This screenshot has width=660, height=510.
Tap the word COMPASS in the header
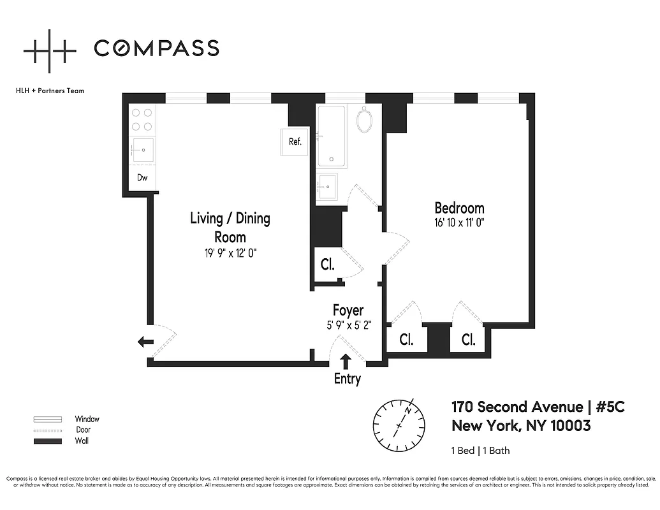point(156,48)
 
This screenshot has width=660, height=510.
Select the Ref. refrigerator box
point(295,142)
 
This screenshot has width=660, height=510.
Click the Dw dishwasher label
point(142,178)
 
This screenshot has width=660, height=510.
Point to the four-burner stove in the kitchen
point(142,119)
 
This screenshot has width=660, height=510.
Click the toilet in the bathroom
point(365,119)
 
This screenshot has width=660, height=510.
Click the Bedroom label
point(459,208)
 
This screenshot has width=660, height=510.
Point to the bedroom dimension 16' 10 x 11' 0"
point(459,222)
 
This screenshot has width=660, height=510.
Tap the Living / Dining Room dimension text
point(230,253)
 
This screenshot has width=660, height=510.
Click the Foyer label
point(348,310)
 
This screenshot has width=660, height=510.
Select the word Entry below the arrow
point(348,379)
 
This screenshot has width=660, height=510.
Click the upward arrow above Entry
point(346,361)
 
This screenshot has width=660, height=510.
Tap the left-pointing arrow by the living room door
point(145,342)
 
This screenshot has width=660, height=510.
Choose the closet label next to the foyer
point(328,265)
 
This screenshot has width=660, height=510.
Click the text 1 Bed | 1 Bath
point(480,451)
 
